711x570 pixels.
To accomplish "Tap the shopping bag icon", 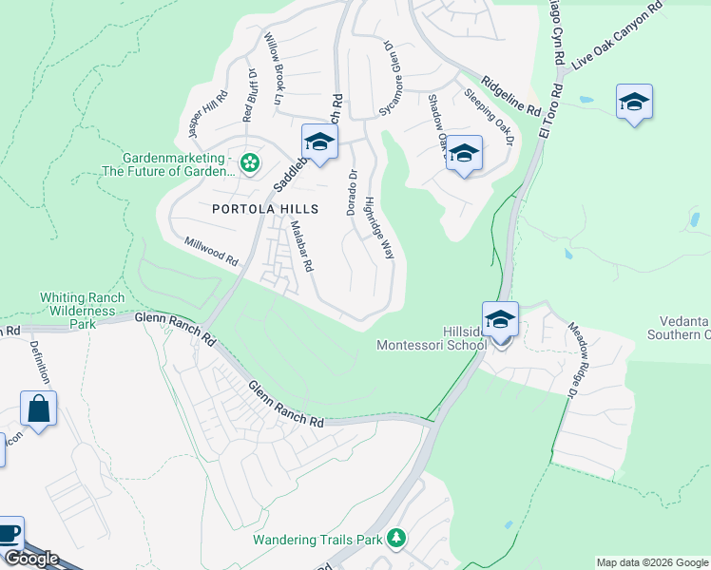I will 38,409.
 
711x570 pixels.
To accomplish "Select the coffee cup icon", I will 8,534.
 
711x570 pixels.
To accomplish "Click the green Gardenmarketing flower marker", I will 249,163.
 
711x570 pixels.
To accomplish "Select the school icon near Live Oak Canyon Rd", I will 634,103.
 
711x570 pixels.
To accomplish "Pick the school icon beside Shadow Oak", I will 464,154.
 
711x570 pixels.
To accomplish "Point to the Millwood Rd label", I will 211,252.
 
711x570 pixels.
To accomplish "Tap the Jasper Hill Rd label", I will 209,115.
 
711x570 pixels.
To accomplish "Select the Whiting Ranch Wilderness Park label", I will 83,311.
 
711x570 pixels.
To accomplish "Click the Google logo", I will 30,559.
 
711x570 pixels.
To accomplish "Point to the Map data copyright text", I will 652,561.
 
